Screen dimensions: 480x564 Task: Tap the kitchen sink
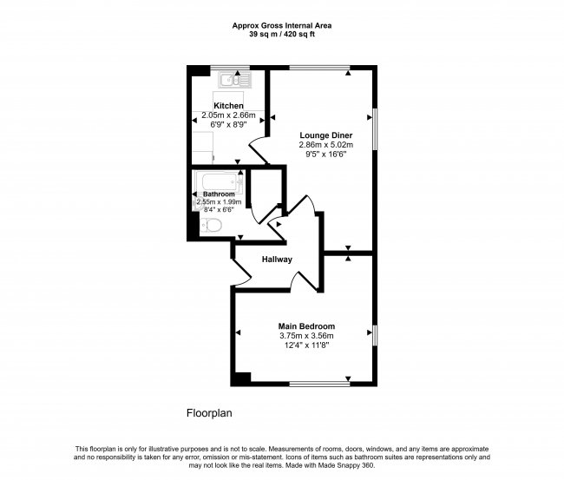point(234,81)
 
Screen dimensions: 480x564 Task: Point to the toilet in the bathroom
point(212,226)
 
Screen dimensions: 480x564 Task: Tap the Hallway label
point(277,260)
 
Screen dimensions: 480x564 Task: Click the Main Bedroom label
point(305,325)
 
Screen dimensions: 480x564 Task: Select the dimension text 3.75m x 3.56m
point(305,336)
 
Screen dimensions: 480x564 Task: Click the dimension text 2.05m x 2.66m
point(228,115)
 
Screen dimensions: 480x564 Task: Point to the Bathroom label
point(219,194)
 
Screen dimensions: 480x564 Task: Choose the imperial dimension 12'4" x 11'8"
point(305,345)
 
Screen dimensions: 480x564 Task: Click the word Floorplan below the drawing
point(210,413)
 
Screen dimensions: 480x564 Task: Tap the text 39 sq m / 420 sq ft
point(281,35)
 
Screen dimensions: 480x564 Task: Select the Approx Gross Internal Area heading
point(281,25)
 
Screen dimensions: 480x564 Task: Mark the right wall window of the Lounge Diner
point(376,128)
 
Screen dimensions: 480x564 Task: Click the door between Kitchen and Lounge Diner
point(259,149)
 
